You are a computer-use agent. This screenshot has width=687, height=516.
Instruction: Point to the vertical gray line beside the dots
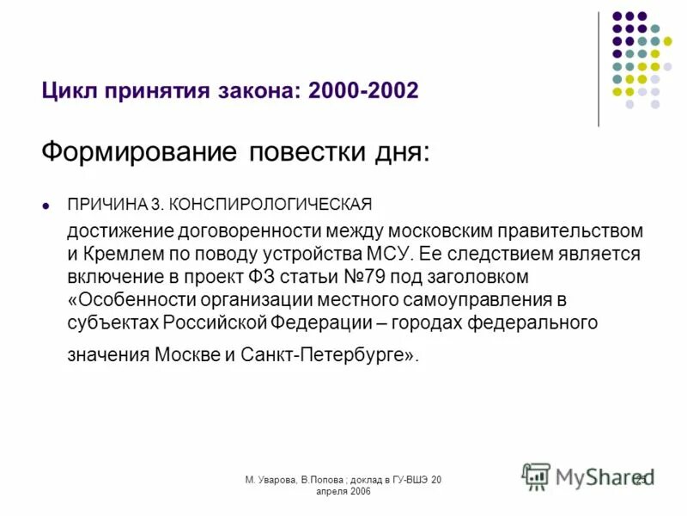click(x=599, y=69)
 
